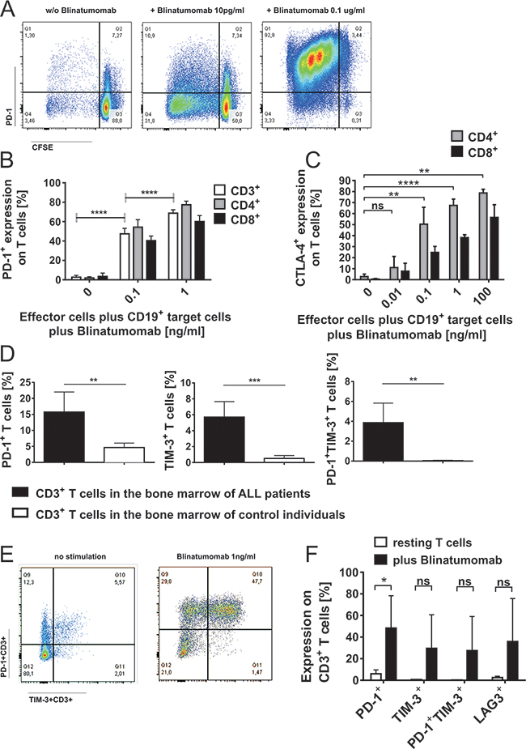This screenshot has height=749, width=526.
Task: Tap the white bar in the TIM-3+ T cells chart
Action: pos(266,459)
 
